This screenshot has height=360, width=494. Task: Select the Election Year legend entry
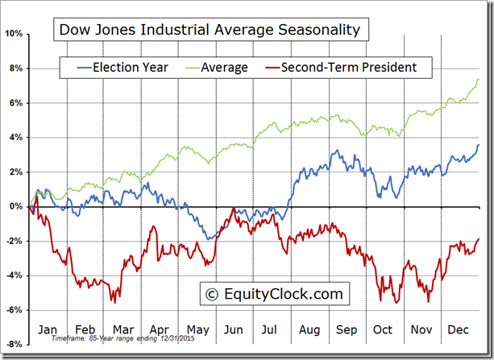(130, 68)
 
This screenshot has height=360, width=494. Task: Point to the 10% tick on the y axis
(15, 34)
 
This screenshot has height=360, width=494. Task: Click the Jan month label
(47, 329)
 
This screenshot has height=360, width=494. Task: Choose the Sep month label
(346, 329)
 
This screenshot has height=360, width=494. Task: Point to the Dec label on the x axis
(459, 329)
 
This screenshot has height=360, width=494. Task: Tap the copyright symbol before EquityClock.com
(213, 294)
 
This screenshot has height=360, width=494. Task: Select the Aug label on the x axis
(309, 329)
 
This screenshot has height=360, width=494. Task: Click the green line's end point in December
(479, 79)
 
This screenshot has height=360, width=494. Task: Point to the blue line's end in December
(479, 145)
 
